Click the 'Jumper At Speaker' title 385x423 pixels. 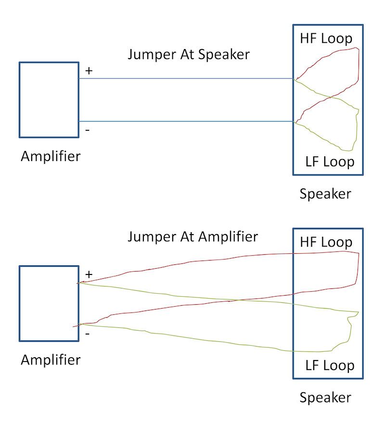point(189,54)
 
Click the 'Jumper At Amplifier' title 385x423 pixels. point(192,236)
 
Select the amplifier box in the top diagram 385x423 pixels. point(49,100)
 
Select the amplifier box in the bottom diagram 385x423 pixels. point(49,303)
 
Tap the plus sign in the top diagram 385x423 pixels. point(89,71)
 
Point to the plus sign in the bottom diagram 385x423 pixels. point(89,274)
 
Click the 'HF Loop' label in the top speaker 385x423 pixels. point(326,38)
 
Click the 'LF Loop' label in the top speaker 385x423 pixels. point(330,162)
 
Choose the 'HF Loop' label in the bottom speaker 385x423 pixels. point(326,242)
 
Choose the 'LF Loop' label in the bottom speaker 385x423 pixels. point(330,365)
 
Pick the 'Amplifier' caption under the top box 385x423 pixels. point(51,156)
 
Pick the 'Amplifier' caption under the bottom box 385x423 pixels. point(51,360)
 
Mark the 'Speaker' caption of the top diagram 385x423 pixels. point(325,194)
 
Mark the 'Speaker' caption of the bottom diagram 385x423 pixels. point(325,398)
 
